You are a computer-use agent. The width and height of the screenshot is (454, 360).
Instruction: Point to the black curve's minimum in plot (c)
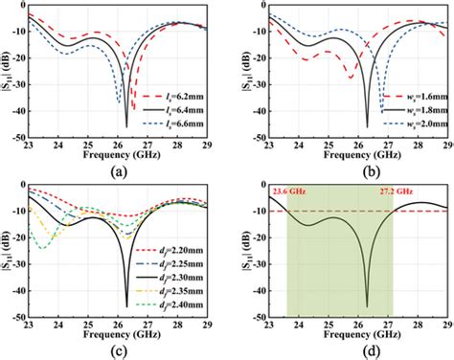[x=126, y=306]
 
